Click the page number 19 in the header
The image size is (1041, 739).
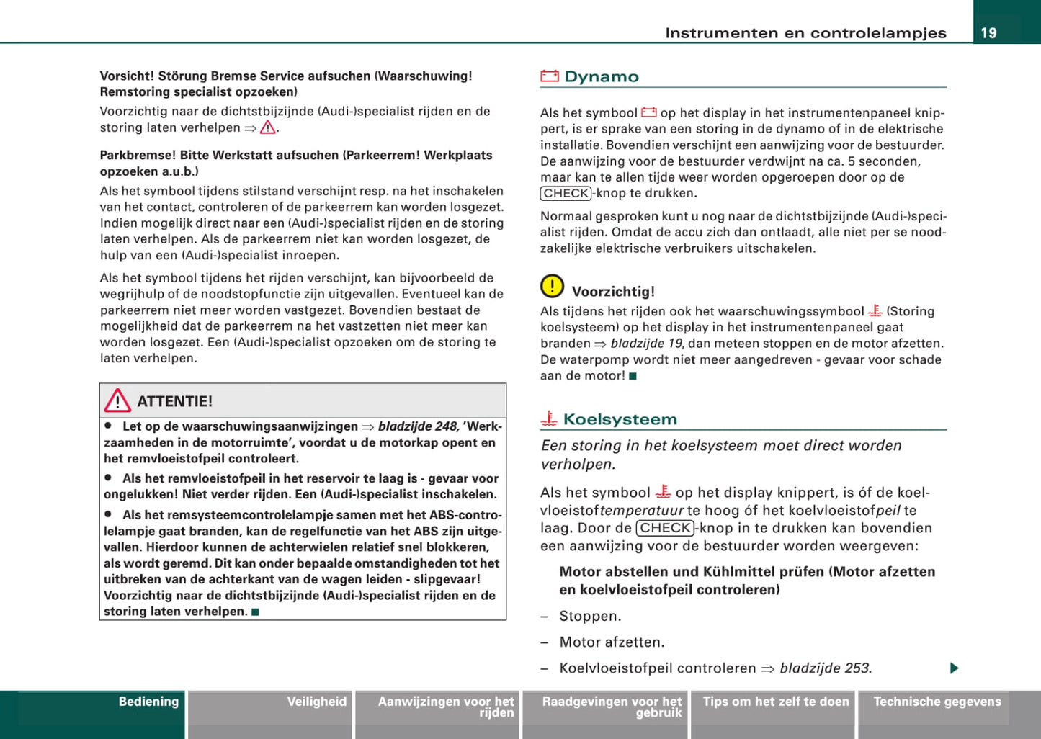988,32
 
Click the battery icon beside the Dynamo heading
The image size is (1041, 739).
550,76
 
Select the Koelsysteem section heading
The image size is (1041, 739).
620,419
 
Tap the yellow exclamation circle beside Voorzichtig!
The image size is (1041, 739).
552,287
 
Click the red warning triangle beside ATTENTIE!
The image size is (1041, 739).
117,400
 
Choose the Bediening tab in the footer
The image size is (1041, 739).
148,702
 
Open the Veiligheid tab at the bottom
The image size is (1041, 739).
316,702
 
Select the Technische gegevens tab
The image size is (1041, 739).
937,702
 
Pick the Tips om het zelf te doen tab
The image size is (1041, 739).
776,702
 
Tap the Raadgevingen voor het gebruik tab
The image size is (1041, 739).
612,707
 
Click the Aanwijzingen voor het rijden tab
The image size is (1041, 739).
446,707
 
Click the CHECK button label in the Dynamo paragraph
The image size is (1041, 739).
566,193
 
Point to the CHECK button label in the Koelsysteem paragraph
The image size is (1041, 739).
665,528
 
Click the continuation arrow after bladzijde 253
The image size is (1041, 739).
954,668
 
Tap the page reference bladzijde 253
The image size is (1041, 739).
825,668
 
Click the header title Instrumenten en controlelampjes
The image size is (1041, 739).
805,32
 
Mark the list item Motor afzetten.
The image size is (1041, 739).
612,642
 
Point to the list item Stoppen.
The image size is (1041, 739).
590,616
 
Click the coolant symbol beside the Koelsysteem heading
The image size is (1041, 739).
549,418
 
